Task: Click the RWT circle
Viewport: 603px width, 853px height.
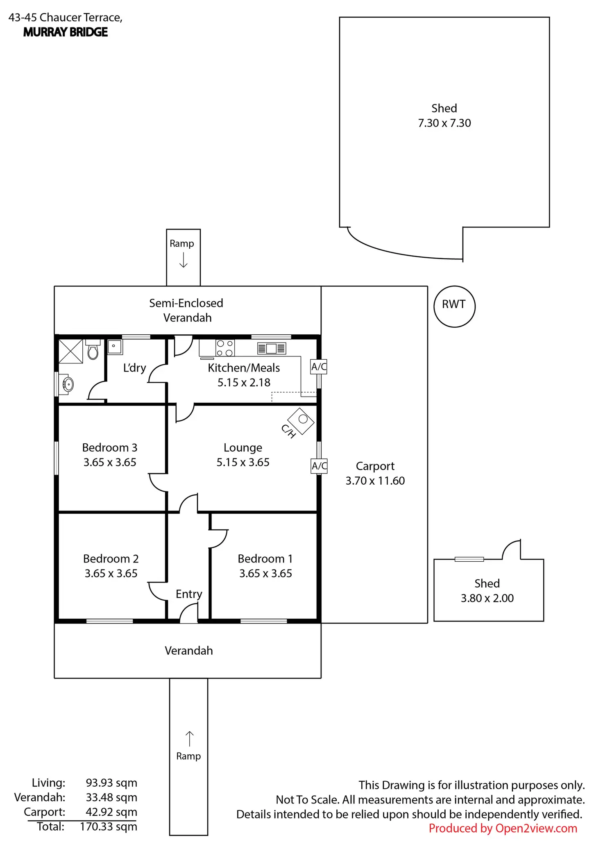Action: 454,306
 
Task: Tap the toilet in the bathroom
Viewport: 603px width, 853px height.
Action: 93,351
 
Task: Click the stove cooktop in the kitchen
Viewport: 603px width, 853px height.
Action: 225,348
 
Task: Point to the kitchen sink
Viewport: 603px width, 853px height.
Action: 271,348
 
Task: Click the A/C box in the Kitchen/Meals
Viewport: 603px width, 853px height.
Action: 319,367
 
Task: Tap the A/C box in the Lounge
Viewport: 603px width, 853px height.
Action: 319,466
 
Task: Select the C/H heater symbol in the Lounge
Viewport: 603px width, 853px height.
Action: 301,420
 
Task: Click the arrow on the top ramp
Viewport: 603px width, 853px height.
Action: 184,260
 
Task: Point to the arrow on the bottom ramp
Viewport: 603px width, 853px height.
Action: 189,739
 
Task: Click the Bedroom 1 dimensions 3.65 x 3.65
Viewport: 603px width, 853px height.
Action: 265,573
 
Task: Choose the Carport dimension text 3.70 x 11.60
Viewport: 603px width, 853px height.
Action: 375,481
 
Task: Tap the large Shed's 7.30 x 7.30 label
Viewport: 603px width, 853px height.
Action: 444,123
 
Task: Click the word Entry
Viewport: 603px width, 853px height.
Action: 189,594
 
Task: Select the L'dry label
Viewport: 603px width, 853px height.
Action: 134,368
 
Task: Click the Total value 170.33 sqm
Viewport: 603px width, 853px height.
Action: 109,826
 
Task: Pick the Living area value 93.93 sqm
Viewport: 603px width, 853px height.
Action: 111,783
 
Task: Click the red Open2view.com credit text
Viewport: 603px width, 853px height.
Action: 503,828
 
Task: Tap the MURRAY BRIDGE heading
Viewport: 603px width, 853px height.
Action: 66,32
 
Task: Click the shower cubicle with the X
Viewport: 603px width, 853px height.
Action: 71,351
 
